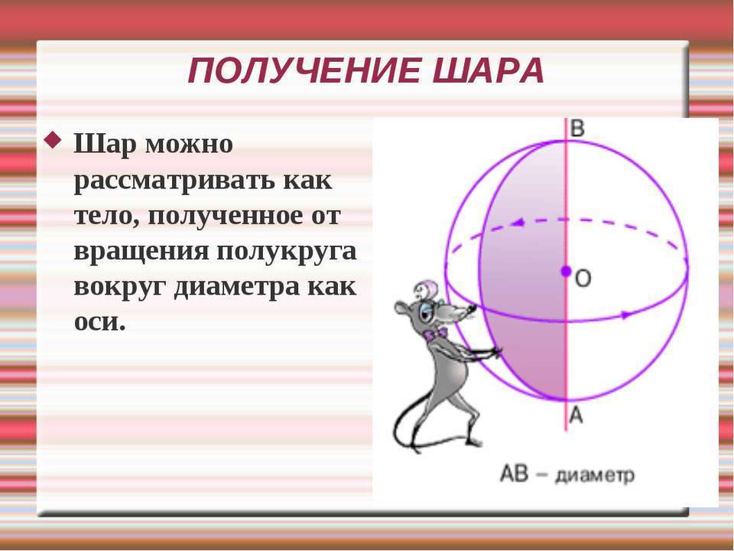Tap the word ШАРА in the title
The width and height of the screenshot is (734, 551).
(489, 70)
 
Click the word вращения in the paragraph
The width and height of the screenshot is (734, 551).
(141, 252)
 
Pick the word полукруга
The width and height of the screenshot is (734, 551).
(287, 252)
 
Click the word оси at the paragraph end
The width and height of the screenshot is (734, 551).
(99, 322)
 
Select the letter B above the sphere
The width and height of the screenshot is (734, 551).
(578, 129)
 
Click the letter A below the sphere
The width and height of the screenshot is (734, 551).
(576, 415)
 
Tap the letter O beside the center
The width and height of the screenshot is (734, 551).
(583, 279)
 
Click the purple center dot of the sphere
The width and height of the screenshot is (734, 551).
(566, 271)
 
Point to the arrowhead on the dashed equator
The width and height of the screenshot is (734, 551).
(518, 223)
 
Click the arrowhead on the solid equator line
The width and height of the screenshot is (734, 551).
(626, 315)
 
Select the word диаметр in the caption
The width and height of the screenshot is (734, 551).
(596, 475)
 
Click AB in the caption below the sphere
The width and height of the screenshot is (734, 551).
(515, 473)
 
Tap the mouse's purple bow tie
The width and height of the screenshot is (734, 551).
(435, 334)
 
